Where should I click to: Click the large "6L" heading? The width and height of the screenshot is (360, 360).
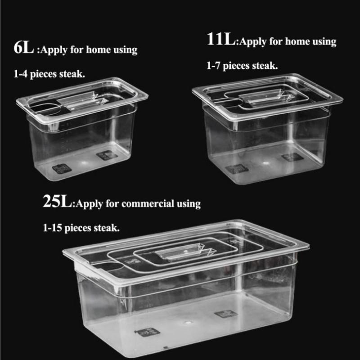[x=23, y=48]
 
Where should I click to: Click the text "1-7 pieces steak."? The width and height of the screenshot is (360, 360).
[x=242, y=65]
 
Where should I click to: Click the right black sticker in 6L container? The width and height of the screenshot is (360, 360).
[x=107, y=155]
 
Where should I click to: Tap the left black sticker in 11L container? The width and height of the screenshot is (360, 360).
[x=236, y=168]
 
